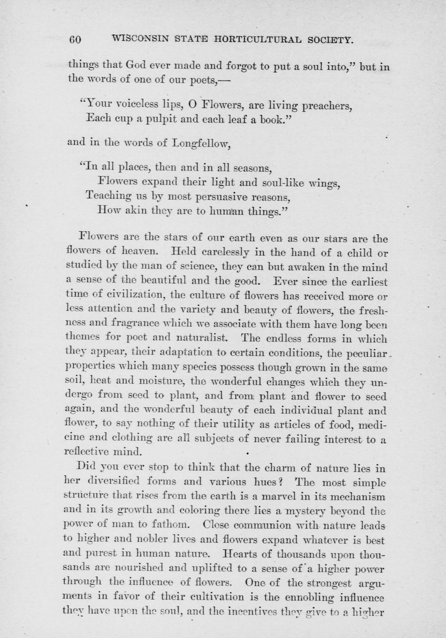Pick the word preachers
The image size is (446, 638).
pyautogui.click(x=327, y=107)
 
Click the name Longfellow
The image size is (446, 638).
pyautogui.click(x=200, y=143)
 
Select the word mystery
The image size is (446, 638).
pyautogui.click(x=310, y=511)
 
